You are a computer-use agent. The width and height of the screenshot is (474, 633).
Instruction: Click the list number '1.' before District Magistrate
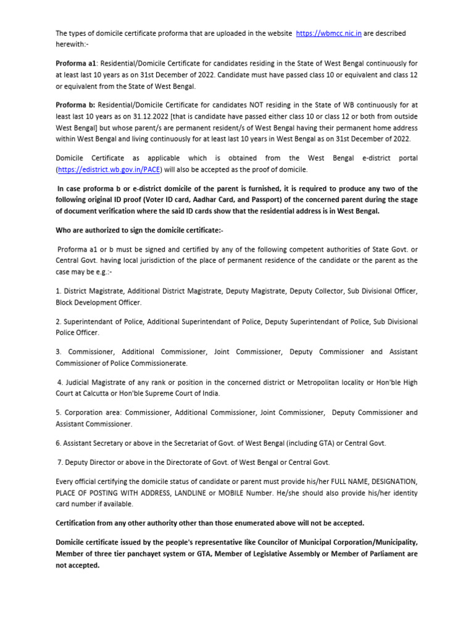(x=59, y=292)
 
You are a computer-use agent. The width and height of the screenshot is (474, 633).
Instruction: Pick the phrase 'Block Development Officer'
(x=98, y=302)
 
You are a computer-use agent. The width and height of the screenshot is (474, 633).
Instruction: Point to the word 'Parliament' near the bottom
(x=390, y=554)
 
